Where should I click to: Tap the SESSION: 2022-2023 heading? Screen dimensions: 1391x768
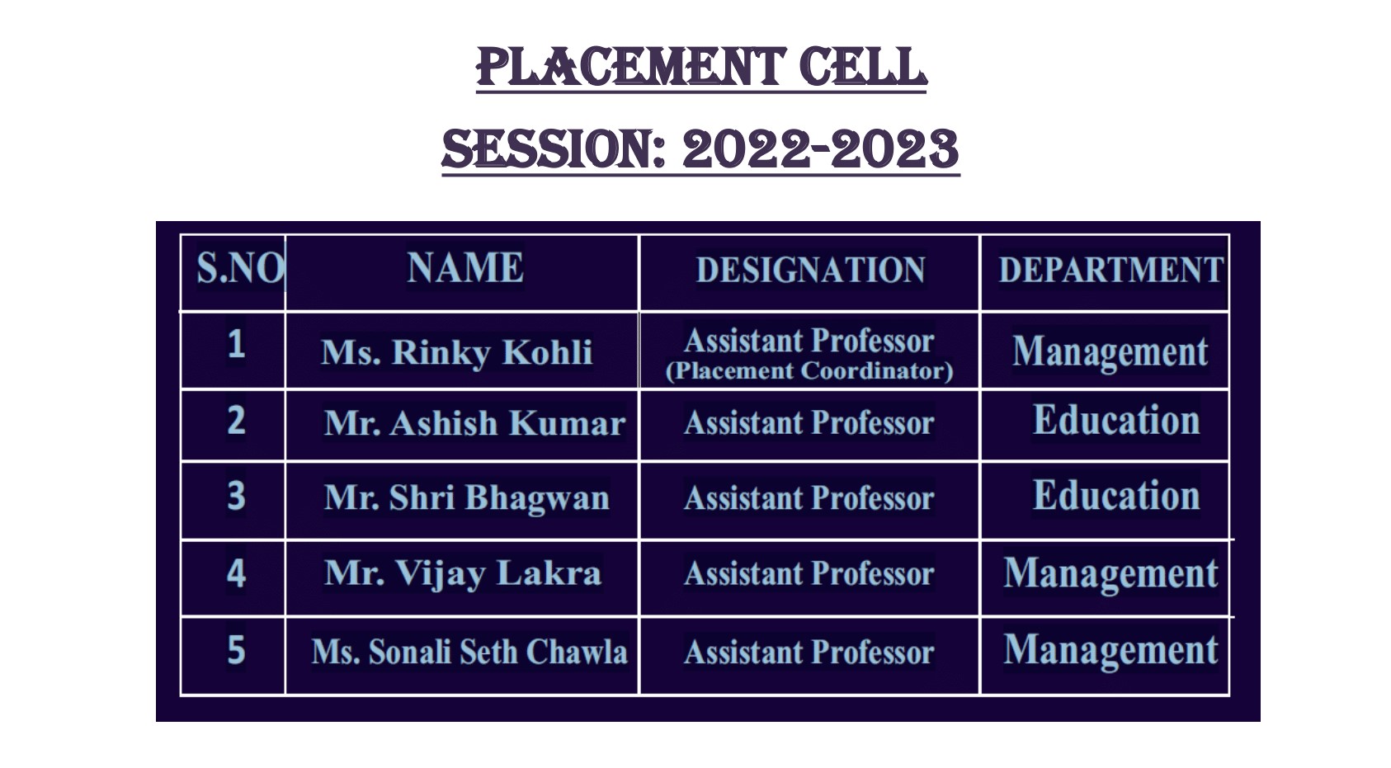coord(700,149)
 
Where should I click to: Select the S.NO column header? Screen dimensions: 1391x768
coord(240,268)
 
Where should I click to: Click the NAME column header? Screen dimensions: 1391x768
coord(465,267)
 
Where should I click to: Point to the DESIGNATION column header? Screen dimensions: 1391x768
coord(810,270)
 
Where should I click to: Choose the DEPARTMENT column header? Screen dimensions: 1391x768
coord(1111,270)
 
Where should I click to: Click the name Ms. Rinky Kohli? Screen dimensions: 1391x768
coord(456,352)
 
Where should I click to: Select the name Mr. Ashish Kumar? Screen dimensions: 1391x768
coord(474,423)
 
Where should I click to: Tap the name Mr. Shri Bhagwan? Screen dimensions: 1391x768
coord(466,498)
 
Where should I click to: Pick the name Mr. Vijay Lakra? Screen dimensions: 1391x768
coord(463,573)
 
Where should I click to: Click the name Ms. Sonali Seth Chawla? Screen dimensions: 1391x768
coord(469,652)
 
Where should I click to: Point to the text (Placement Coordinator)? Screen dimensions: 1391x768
coord(809,370)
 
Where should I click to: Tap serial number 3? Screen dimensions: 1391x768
coord(236,496)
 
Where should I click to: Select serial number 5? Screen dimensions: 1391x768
coord(236,650)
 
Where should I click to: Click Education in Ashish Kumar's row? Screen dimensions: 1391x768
coord(1116,421)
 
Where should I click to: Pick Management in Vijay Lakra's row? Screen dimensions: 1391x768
coord(1111,574)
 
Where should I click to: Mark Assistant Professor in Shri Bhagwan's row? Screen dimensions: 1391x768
coord(809,498)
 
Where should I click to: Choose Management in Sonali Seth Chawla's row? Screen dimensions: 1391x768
coord(1111,652)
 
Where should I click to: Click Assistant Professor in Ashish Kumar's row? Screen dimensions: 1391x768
coord(809,423)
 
